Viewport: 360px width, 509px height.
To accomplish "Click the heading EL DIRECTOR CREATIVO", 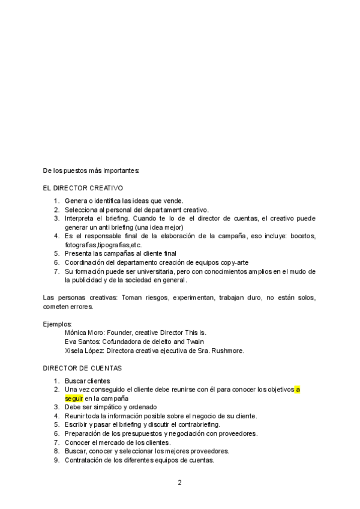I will click(x=83, y=188).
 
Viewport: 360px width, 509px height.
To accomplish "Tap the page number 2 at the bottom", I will click(x=179, y=482).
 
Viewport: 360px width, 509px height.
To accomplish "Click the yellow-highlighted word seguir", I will click(x=74, y=398).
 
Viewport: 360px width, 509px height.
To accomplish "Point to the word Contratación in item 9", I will click(x=85, y=460).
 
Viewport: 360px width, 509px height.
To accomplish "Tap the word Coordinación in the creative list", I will click(x=86, y=262).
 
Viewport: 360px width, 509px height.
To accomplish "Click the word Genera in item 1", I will click(x=76, y=200).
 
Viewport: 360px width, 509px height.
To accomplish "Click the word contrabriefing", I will click(x=199, y=424).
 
